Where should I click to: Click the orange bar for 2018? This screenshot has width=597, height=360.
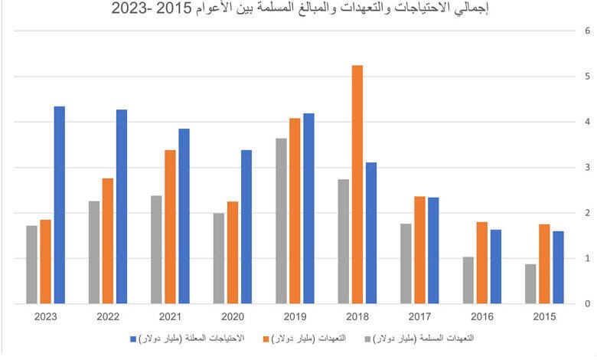tap(357, 185)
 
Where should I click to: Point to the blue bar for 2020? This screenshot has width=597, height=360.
tap(246, 227)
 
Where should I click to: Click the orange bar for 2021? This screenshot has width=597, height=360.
tap(170, 227)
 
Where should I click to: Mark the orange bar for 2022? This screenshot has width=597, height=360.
tap(108, 241)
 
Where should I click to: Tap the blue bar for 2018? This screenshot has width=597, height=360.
tap(371, 233)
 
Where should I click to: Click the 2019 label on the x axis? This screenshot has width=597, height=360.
tap(295, 317)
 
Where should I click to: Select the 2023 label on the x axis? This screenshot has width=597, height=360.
tap(46, 317)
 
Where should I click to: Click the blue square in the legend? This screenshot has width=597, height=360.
tap(133, 338)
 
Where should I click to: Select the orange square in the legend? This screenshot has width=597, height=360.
tap(267, 338)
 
